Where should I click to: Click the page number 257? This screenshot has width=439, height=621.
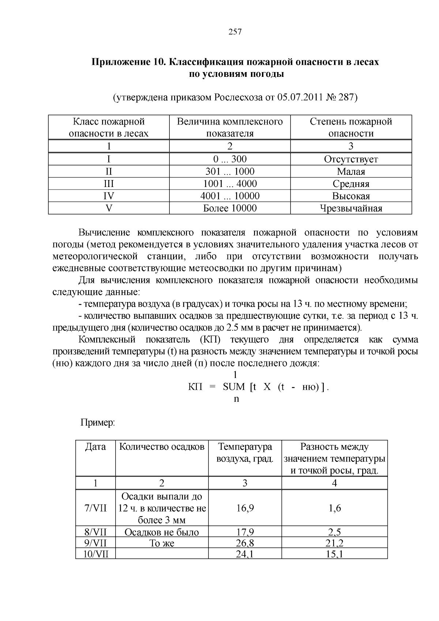[x=235, y=32]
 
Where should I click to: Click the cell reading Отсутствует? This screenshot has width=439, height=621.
[x=351, y=159]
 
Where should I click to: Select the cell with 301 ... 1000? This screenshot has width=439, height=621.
[x=230, y=171]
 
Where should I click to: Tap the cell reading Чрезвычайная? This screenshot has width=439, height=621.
[x=351, y=208]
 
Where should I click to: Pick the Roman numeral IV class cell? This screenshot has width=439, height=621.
[x=109, y=196]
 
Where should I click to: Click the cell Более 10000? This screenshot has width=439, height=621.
[x=230, y=208]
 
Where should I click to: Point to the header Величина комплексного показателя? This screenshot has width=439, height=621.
[x=230, y=127]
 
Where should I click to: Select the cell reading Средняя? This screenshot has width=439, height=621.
[x=351, y=184]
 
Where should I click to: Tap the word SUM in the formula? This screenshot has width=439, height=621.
[x=234, y=387]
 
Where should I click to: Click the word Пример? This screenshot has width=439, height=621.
[x=97, y=423]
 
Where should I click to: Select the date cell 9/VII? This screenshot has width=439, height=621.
[x=95, y=543]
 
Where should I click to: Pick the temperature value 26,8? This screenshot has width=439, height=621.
[x=245, y=543]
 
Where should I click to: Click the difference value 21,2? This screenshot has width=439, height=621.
[x=334, y=543]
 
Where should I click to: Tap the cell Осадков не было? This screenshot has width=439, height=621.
[x=162, y=532]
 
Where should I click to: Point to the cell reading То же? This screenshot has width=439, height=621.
[x=162, y=543]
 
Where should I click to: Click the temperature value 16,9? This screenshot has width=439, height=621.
[x=245, y=508]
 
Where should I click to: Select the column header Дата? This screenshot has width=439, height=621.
[x=95, y=446]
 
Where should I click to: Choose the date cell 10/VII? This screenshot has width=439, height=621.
[x=95, y=554]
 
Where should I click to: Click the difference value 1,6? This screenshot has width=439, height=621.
[x=334, y=508]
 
